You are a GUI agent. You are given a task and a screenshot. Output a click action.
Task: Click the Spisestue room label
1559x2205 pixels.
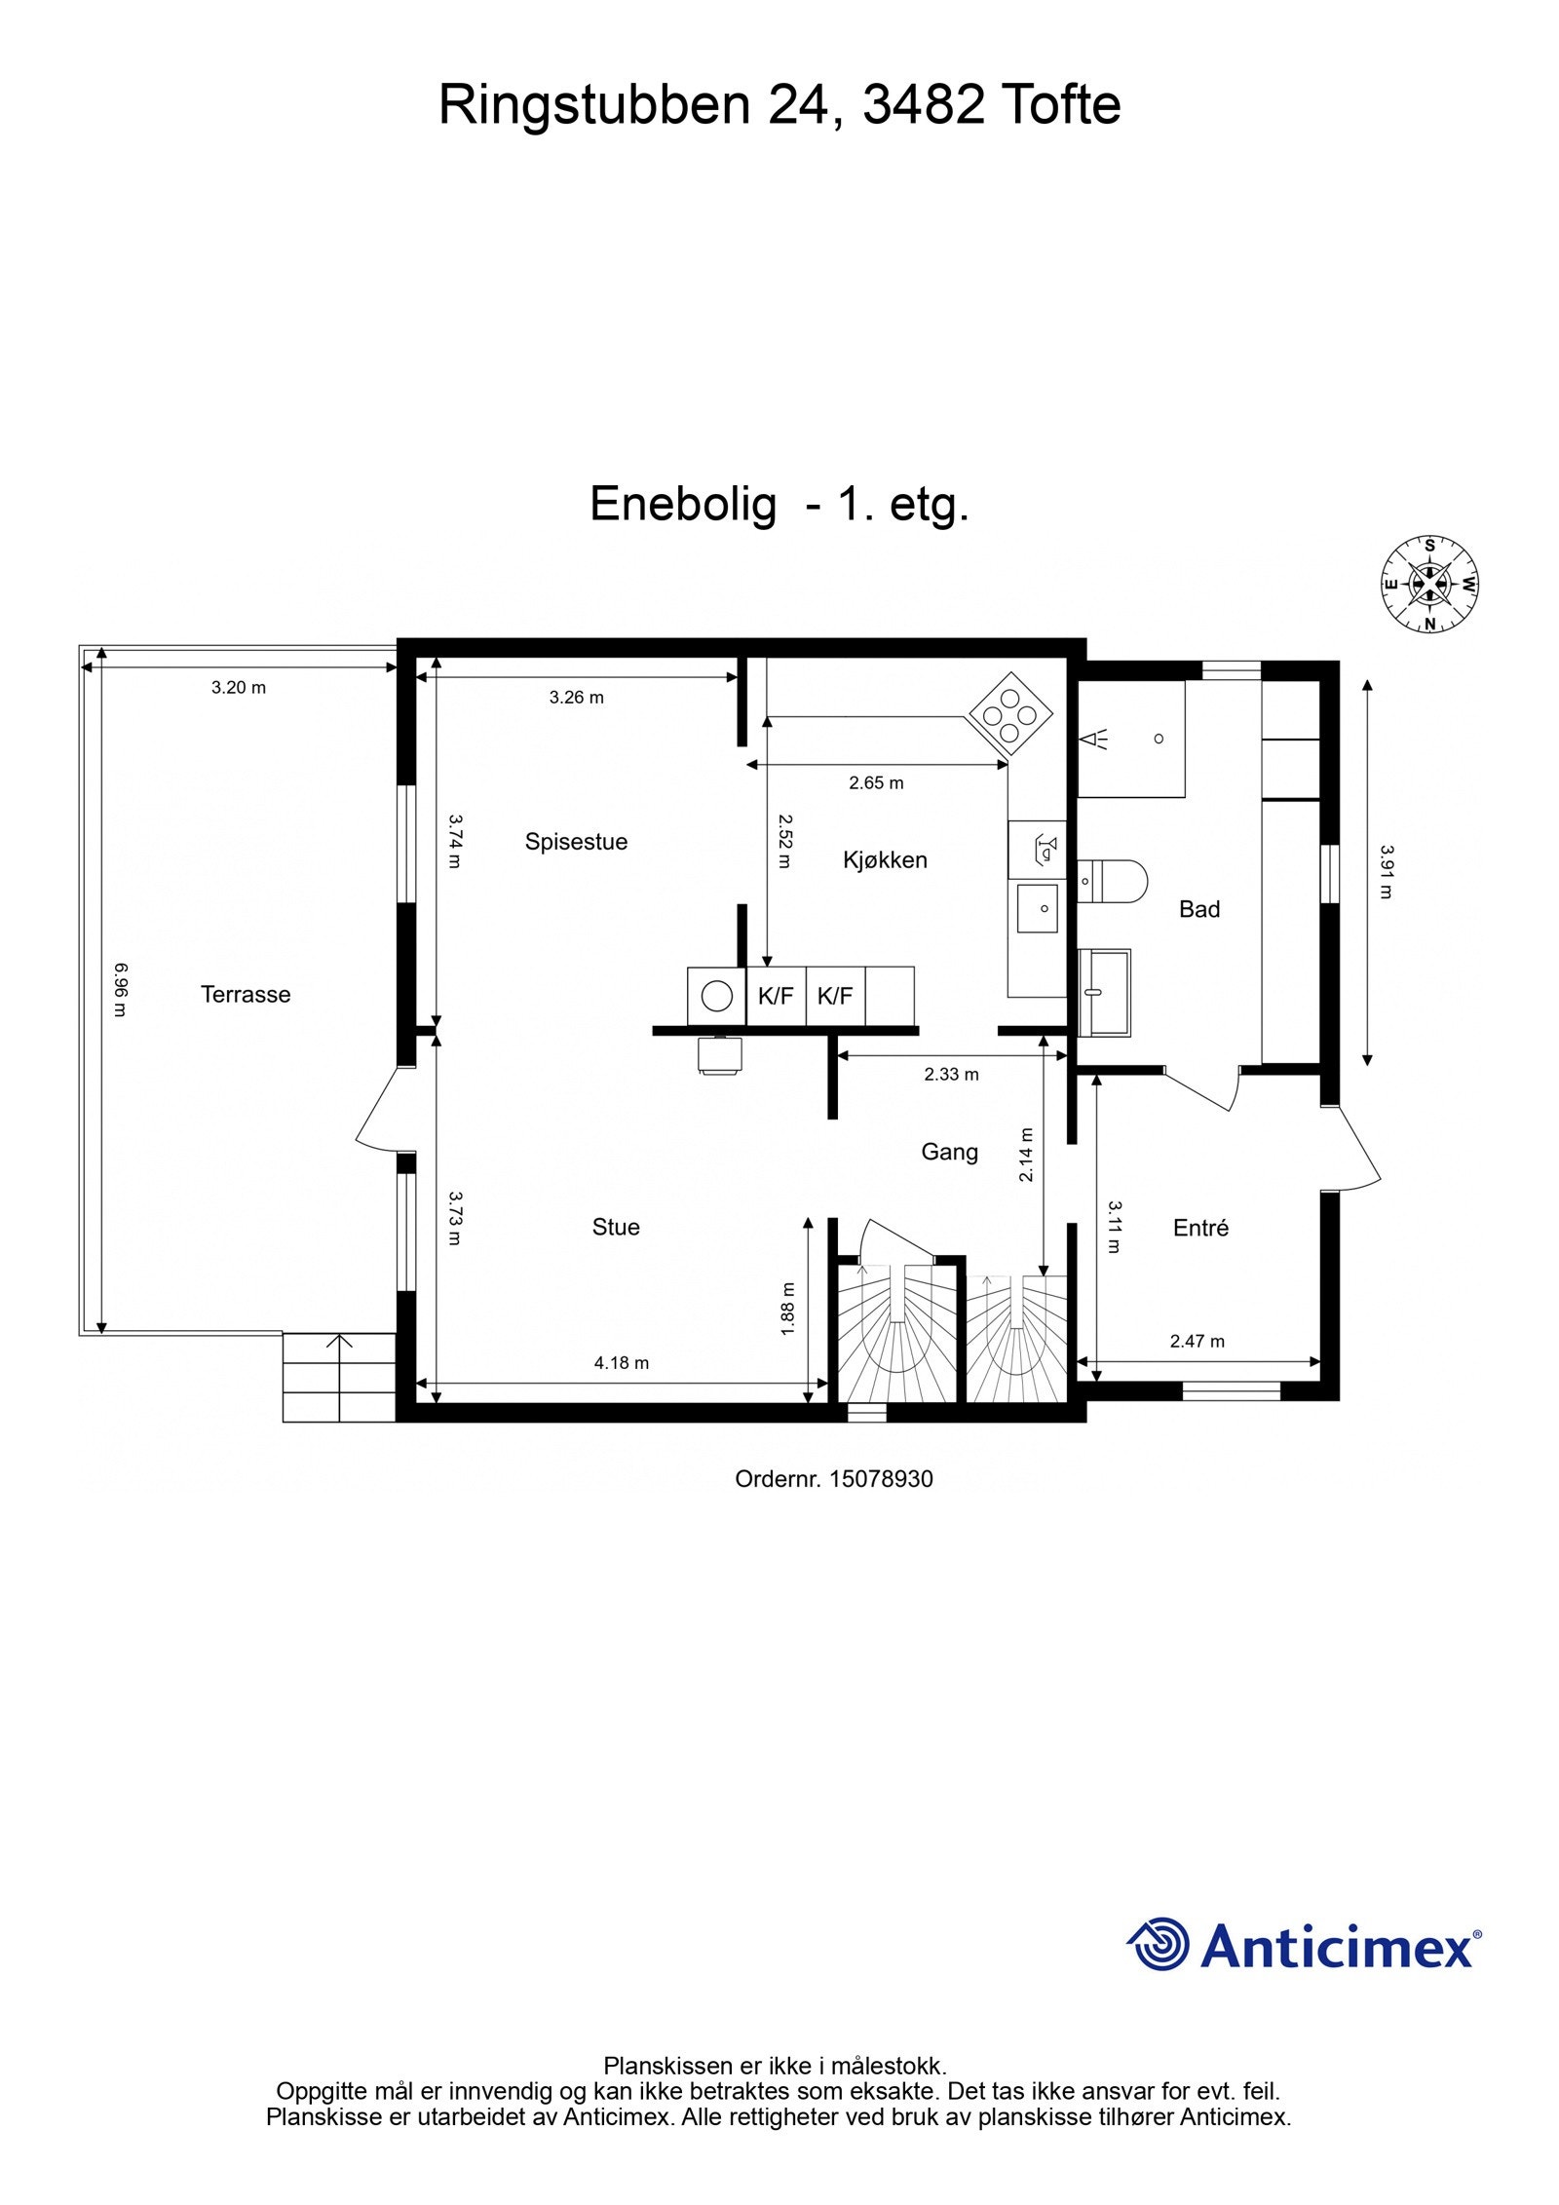coord(575,841)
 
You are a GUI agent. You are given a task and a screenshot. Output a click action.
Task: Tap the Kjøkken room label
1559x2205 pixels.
coord(884,859)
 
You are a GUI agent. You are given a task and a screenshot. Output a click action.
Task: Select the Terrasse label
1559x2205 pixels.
coord(246,994)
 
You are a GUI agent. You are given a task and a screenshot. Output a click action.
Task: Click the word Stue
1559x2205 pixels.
coord(615,1227)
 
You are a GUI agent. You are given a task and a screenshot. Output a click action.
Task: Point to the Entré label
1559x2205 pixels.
coord(1199,1228)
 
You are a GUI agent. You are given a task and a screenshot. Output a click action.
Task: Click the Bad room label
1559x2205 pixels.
coord(1198,909)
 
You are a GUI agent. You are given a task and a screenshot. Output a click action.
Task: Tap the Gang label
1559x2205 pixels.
coord(949,1152)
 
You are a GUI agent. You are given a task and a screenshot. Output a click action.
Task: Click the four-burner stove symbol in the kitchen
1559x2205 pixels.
coord(1009,715)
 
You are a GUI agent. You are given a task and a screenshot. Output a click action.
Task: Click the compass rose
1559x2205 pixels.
coord(1429,585)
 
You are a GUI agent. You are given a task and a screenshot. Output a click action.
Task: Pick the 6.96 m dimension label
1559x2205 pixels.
coord(119,989)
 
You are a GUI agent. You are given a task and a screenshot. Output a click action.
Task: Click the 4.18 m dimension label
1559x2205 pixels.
coord(621,1363)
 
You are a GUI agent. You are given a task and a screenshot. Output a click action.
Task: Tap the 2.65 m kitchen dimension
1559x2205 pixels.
coord(875,782)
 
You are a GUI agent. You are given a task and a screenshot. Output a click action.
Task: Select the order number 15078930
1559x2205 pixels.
coord(833,1478)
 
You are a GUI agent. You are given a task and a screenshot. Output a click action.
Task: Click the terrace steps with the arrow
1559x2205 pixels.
coord(338,1376)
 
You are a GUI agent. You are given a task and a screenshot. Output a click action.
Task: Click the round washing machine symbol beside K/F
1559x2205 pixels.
coord(717,996)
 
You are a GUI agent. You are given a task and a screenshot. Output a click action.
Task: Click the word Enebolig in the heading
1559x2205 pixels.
coord(683,504)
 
